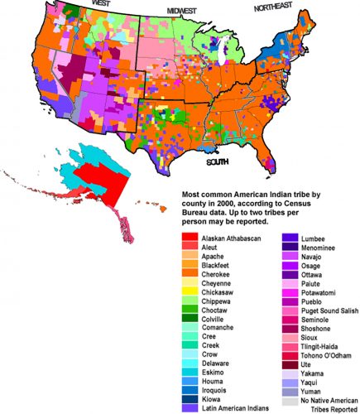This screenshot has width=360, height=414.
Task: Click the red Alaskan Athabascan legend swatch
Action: [x=188, y=239]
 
